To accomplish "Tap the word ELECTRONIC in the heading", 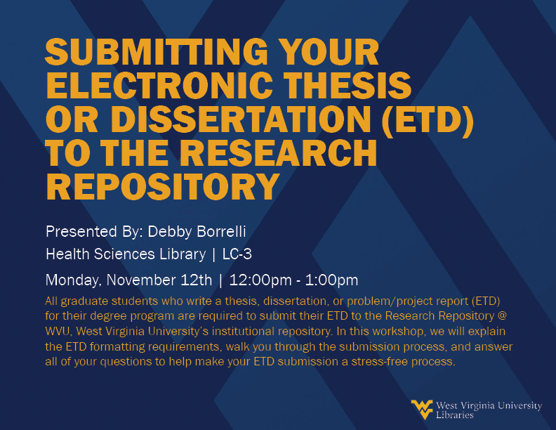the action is pyautogui.click(x=159, y=86).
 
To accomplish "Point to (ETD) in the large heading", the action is pyautogui.click(x=428, y=119).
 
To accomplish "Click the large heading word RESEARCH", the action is pyautogui.click(x=281, y=153).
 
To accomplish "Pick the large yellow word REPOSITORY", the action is pyautogui.click(x=162, y=187).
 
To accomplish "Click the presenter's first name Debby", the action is pyautogui.click(x=169, y=232).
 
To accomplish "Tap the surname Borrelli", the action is pyautogui.click(x=221, y=232).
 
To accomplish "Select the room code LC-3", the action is pyautogui.click(x=237, y=254).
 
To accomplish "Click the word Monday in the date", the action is pyautogui.click(x=74, y=280).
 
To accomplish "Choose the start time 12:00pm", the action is pyautogui.click(x=260, y=280).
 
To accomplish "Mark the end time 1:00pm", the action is pyautogui.click(x=331, y=280).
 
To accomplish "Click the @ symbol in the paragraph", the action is pyautogui.click(x=503, y=315).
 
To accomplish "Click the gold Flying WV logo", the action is pyautogui.click(x=422, y=410).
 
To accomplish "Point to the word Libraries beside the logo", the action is pyautogui.click(x=455, y=415).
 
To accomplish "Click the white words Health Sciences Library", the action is pyautogui.click(x=126, y=254).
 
